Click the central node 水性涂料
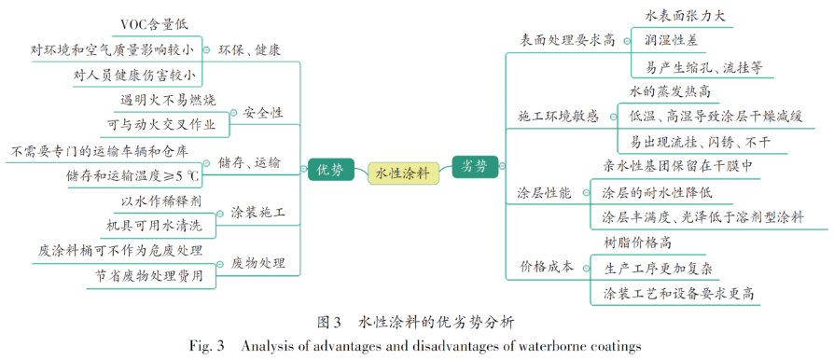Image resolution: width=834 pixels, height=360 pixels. (x=402, y=172)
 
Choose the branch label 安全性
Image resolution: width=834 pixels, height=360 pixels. (x=263, y=113)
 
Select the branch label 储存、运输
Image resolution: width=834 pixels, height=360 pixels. (x=249, y=162)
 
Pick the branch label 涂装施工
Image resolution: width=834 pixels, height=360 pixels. (x=257, y=213)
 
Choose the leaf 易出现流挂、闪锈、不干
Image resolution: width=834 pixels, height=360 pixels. (x=701, y=142)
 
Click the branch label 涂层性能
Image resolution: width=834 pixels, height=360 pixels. (x=545, y=192)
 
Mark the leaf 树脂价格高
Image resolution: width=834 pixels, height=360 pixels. (x=638, y=242)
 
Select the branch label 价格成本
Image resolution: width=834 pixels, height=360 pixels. (x=546, y=267)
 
